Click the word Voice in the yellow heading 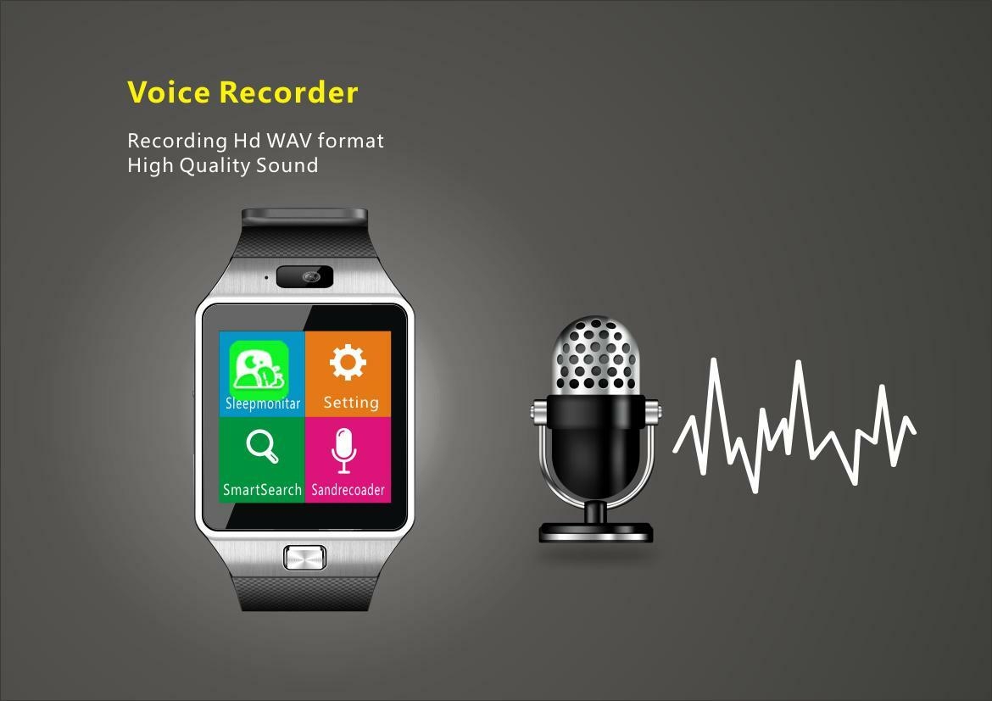click(x=169, y=92)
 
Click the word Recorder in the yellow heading click(x=288, y=92)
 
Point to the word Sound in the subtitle click(x=287, y=166)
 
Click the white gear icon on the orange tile click(x=348, y=363)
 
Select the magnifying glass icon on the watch click(x=262, y=446)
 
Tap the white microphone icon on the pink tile click(x=343, y=450)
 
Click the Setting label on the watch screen click(x=351, y=403)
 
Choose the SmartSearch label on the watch click(x=262, y=490)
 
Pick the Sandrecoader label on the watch click(x=348, y=490)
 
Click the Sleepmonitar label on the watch click(x=263, y=403)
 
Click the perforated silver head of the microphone click(x=595, y=354)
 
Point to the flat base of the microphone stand click(x=595, y=531)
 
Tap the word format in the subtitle click(x=350, y=141)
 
